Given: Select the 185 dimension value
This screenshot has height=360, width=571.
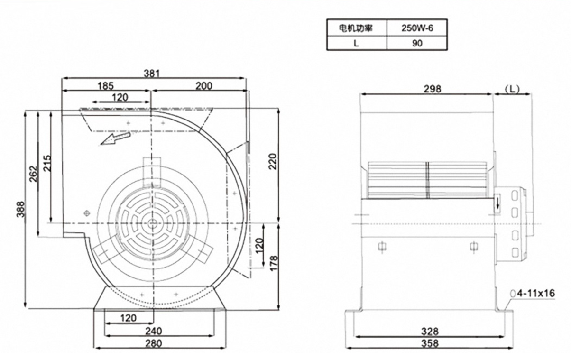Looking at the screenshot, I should coord(105,86).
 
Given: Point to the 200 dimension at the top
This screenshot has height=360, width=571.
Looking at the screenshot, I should coord(203,86).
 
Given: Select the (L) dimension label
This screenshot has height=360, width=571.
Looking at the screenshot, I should coord(512,89).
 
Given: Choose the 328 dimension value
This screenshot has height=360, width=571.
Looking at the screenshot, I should coord(430,331).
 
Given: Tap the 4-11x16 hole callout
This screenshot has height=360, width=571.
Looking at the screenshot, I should coord(536,293).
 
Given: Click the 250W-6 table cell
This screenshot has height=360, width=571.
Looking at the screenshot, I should coord(417,28).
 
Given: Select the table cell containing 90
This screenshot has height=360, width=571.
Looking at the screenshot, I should coord(417,43).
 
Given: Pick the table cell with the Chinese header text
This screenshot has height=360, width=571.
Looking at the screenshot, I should coord(356,28).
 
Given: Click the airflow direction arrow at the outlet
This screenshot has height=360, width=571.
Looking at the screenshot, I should coord(114,138).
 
